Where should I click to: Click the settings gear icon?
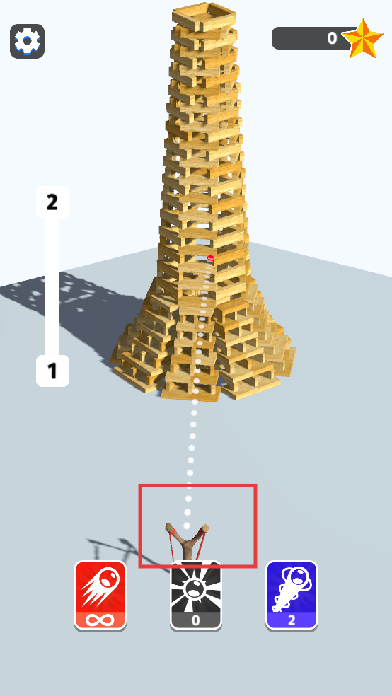27,41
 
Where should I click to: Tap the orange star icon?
362,39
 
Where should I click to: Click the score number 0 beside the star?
332,38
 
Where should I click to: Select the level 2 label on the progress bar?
52,202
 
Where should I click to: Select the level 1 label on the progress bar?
52,371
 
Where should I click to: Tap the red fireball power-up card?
100,596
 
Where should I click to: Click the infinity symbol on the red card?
100,620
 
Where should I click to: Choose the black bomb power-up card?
196,596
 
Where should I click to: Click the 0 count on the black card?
196,620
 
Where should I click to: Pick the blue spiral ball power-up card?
292,596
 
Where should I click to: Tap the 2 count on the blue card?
292,620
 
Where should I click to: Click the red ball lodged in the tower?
210,258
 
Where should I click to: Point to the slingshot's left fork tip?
169,526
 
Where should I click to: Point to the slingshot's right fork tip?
205,528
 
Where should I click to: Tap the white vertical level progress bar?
52,286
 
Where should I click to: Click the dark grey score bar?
311,38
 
